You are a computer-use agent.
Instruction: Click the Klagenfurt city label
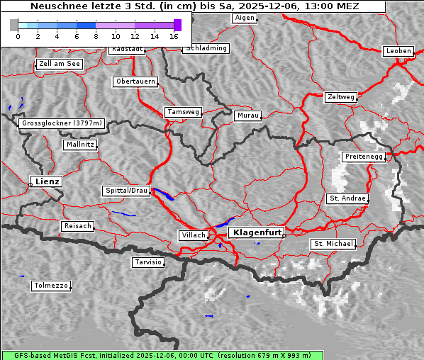tap(257, 232)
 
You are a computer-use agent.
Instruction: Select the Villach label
tap(192, 235)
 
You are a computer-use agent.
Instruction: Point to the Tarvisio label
tap(148, 262)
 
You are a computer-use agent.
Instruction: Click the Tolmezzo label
tap(50, 286)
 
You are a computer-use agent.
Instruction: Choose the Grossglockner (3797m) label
tap(62, 123)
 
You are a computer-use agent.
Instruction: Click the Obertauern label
tap(135, 81)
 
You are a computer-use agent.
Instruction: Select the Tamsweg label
tap(184, 112)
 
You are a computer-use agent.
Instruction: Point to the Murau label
tap(248, 115)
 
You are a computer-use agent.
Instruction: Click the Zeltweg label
tap(341, 96)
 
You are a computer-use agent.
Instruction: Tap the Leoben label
tap(397, 51)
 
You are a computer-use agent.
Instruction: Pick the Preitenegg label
tap(364, 156)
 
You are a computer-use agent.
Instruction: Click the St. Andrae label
tap(347, 198)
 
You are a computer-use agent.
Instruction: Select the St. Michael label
tap(333, 244)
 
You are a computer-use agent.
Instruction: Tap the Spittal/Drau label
tap(126, 191)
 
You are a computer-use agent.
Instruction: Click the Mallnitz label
tap(79, 145)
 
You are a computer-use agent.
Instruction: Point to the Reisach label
tap(77, 226)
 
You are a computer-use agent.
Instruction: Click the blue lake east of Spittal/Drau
tap(164, 194)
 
